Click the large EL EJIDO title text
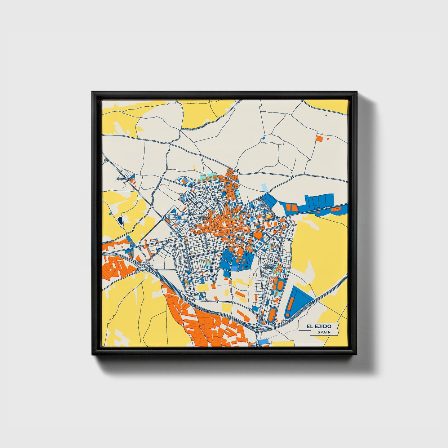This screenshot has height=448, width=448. point(319,326)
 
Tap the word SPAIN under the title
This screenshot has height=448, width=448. point(324,332)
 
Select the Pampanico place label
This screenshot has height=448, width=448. point(124,179)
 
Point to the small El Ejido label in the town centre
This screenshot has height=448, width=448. point(204,218)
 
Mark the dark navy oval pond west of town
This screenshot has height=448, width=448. point(120,220)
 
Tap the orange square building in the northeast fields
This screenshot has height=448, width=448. point(319,138)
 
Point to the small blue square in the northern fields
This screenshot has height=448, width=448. point(264,138)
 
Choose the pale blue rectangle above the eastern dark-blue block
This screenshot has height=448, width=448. point(264,187)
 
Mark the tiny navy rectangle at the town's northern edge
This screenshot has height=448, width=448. point(238,170)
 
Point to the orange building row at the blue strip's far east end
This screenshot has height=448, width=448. point(336,210)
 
